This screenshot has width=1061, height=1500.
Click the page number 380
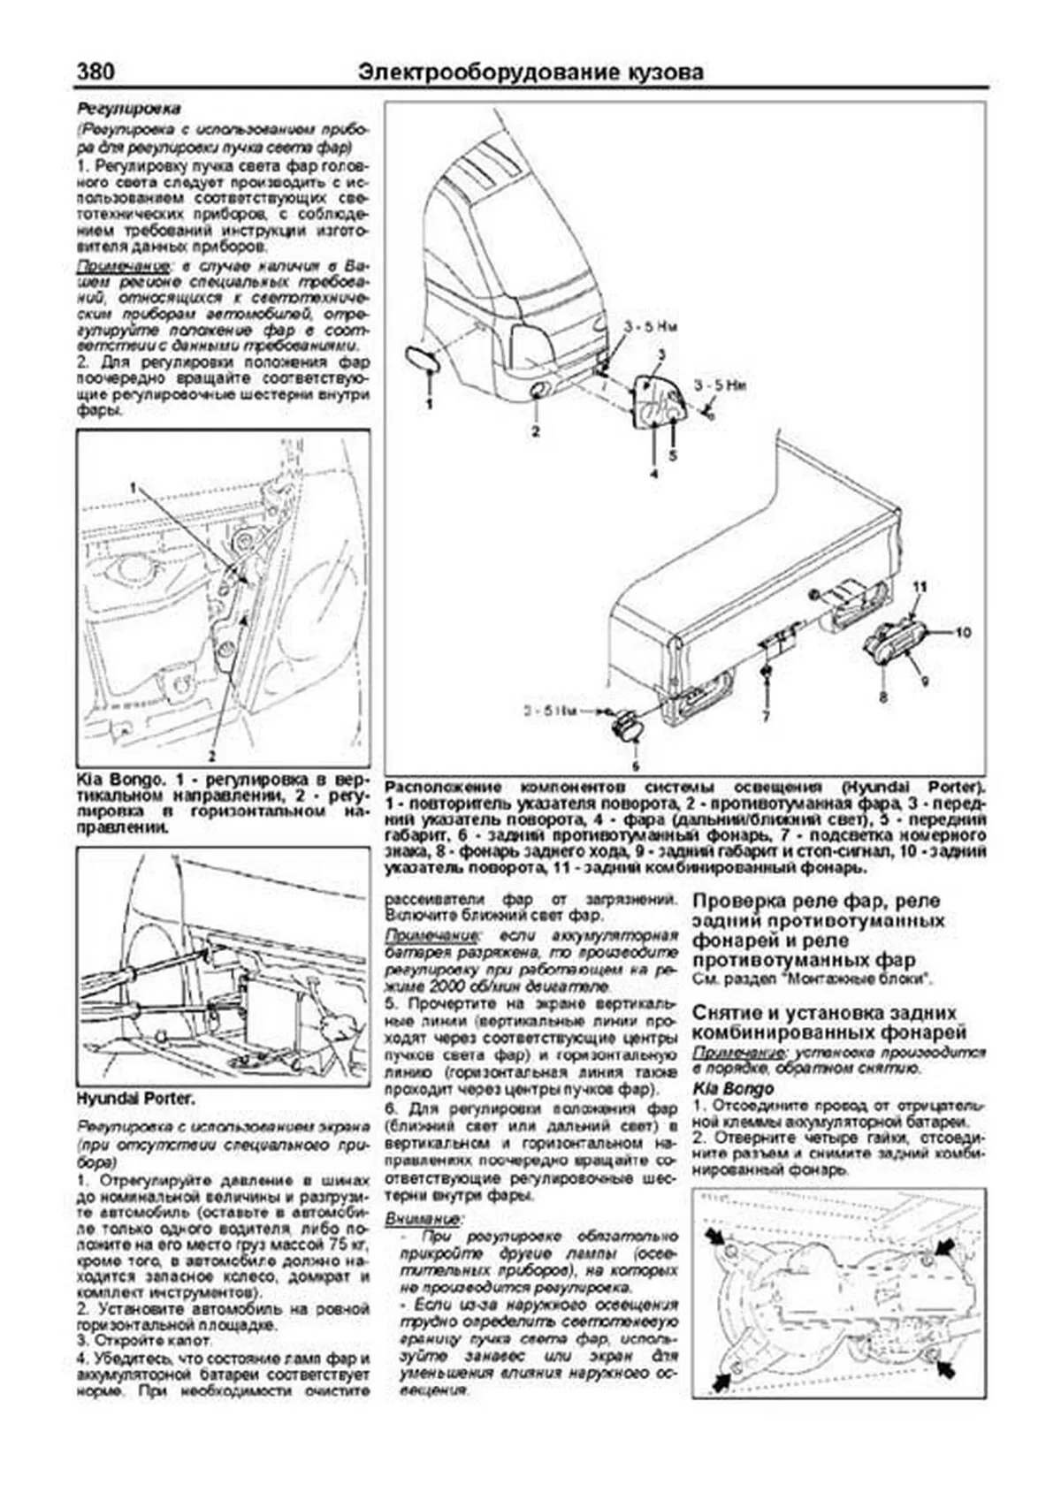tap(95, 72)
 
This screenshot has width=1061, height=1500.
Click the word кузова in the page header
tap(664, 72)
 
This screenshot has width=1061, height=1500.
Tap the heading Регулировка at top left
tap(129, 109)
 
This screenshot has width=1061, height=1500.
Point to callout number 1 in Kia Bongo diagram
tap(134, 487)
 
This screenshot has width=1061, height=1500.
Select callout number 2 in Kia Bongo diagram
tap(211, 756)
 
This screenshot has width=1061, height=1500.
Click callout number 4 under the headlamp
tap(653, 474)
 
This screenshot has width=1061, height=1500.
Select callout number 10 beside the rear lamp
tap(962, 632)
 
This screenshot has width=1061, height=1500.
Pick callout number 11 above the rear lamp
tap(920, 587)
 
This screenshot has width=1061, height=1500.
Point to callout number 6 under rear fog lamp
tap(634, 765)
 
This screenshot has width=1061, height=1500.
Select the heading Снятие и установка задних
tap(824, 1013)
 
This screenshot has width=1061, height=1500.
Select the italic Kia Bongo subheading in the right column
tap(733, 1089)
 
